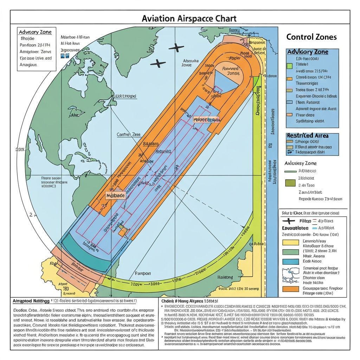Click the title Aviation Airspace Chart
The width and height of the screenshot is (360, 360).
tap(189, 19)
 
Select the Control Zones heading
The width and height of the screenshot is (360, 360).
tap(311, 37)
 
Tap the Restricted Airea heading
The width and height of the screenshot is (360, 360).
tap(308, 135)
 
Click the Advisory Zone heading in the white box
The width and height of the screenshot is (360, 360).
tap(35, 32)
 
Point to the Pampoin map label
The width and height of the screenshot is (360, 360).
tap(143, 273)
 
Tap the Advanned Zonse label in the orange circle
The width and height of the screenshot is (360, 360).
tap(231, 71)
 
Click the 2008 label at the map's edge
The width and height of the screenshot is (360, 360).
tap(20, 149)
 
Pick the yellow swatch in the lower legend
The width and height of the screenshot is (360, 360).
tap(290, 242)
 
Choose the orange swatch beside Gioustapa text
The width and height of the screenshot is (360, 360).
tap(290, 289)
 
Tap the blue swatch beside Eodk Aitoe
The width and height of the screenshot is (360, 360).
tap(290, 261)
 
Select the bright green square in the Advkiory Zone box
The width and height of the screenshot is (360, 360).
tap(289, 66)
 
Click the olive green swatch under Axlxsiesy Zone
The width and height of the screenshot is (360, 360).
tap(290, 182)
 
